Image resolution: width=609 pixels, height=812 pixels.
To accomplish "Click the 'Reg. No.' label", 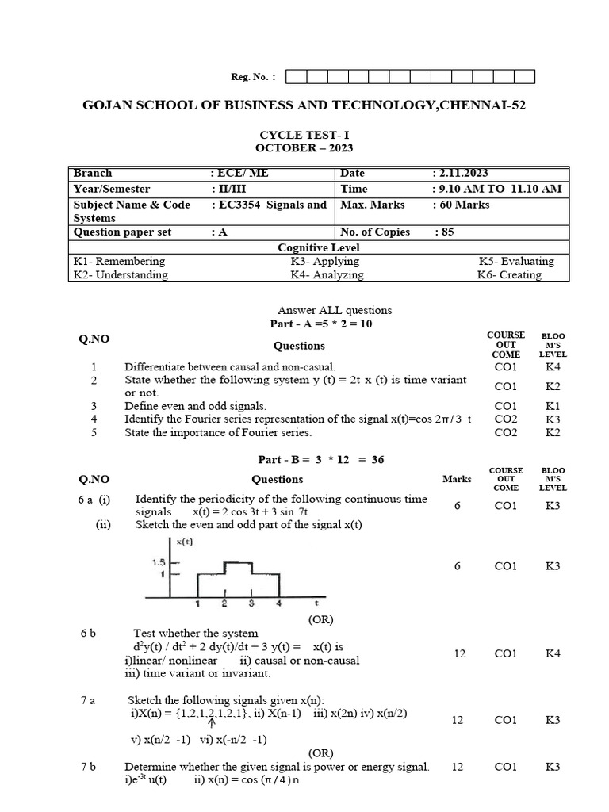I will click(253, 77).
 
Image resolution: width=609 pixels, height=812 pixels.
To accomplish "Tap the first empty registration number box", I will click(294, 77).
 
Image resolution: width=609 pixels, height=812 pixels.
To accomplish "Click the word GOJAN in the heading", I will click(111, 105).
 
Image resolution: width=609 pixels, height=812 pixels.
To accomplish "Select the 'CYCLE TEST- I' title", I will click(304, 136).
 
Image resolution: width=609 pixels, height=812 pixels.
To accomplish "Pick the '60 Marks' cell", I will click(462, 205).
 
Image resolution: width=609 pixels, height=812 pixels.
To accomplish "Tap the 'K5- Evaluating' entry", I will click(516, 261).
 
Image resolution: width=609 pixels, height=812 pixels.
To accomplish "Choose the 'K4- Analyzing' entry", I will click(327, 275).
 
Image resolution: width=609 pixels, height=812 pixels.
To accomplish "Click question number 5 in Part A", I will click(94, 432).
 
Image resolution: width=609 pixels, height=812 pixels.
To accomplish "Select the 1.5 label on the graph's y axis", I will click(158, 561).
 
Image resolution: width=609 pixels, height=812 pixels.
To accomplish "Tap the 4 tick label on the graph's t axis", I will click(278, 604).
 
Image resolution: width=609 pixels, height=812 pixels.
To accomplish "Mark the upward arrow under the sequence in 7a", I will click(212, 722).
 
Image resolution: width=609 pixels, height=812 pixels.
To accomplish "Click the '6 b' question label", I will click(88, 634).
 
